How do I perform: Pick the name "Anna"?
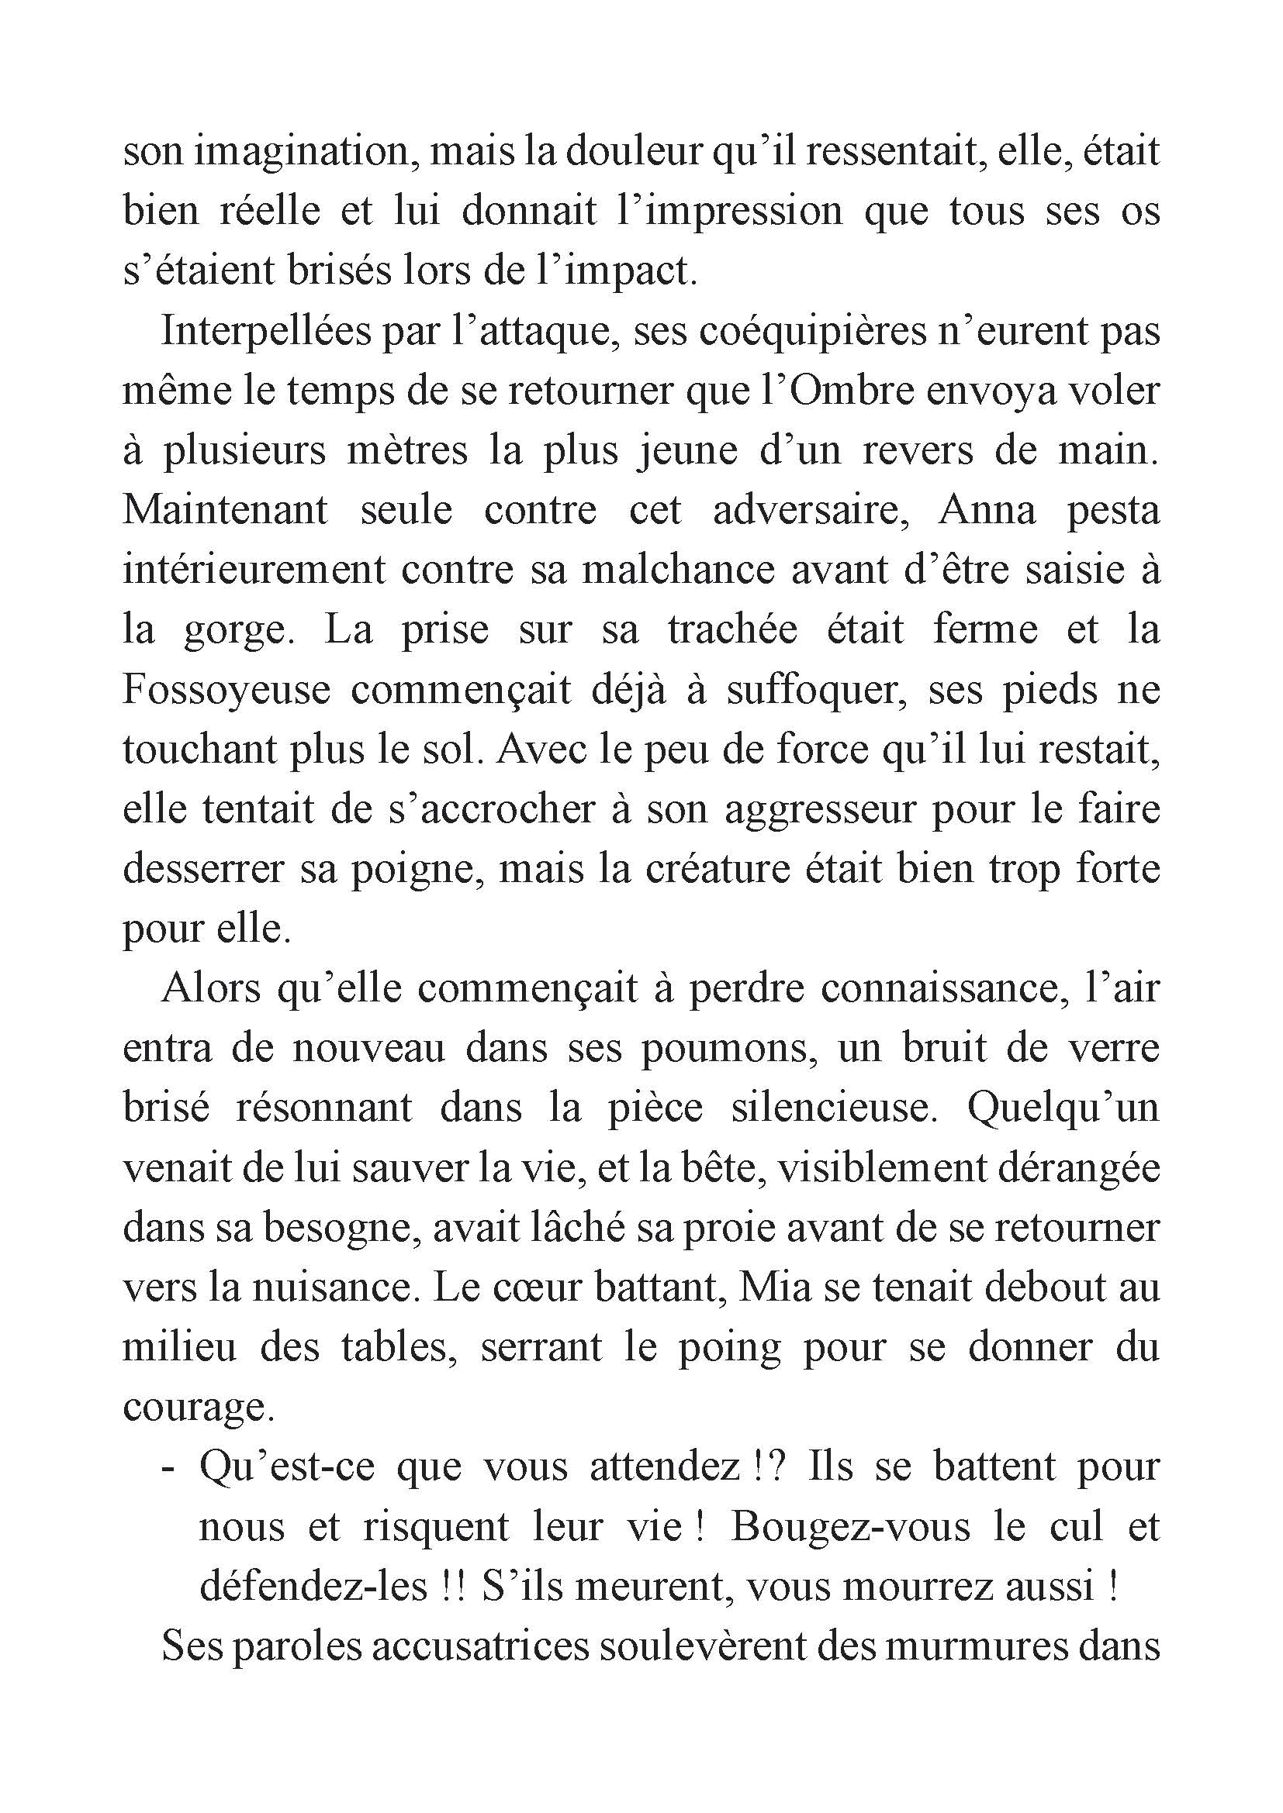[987, 510]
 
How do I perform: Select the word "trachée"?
[730, 629]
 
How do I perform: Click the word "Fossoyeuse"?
[226, 690]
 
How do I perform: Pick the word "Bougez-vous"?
[850, 1528]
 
